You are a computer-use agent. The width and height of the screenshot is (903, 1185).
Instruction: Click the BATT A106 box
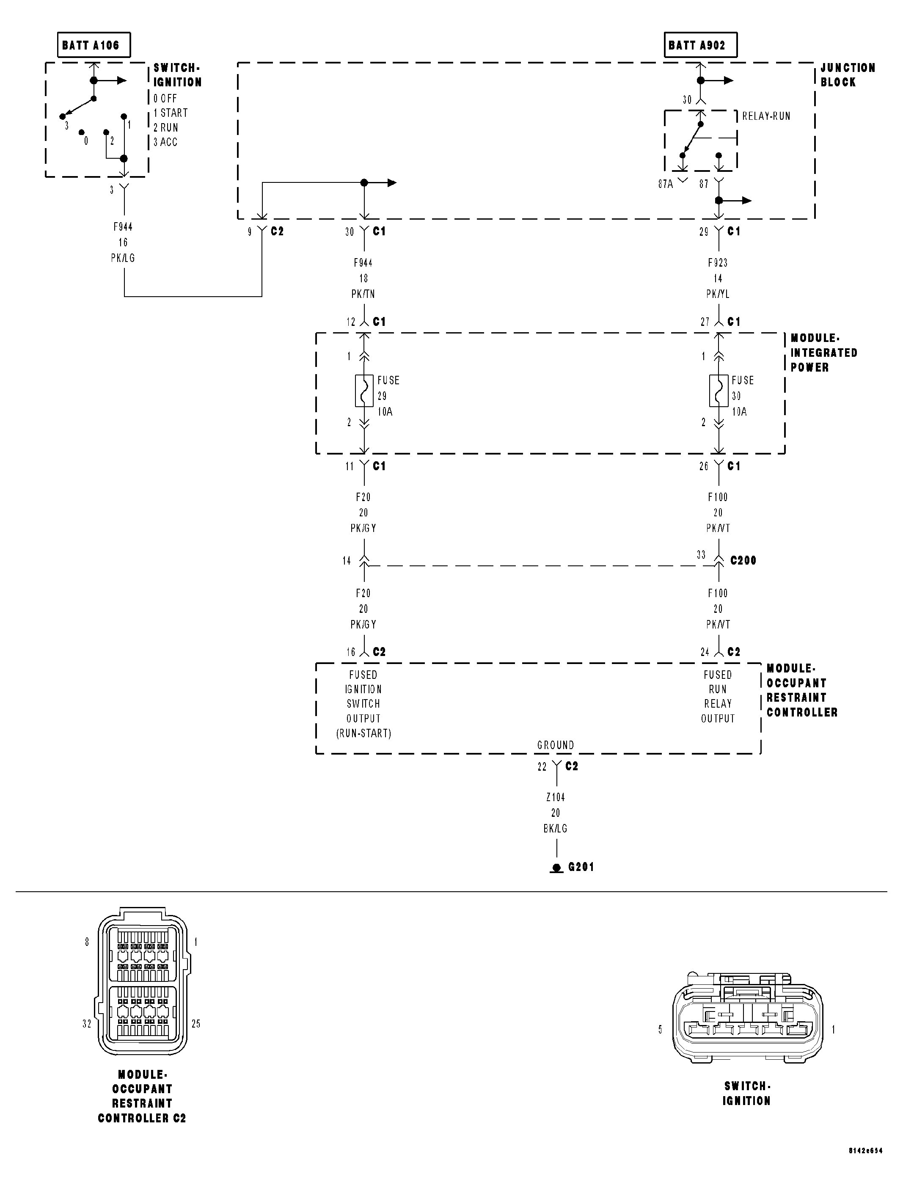(94, 45)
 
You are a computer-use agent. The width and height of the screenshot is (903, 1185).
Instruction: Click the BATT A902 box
(700, 45)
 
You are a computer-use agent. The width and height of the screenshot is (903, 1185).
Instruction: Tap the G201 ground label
(581, 867)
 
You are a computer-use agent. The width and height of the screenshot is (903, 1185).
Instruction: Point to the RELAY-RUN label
(766, 116)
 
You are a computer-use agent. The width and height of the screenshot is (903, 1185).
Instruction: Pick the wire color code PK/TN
(363, 294)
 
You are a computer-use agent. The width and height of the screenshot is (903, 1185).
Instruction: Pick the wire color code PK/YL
(718, 294)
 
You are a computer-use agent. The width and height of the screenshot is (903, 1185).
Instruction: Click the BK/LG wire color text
(555, 829)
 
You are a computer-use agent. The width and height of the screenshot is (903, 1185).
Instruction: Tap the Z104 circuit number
(555, 797)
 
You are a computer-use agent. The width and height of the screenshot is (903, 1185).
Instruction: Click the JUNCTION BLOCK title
(847, 75)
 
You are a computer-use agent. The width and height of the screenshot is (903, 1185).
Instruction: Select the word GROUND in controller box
(555, 745)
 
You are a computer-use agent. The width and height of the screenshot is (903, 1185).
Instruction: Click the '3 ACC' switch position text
(165, 143)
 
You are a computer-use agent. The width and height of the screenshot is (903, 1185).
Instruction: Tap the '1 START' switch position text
(171, 113)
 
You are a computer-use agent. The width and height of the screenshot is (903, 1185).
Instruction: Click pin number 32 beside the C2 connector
(87, 1024)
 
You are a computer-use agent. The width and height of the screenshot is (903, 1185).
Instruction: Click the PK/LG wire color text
(123, 258)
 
